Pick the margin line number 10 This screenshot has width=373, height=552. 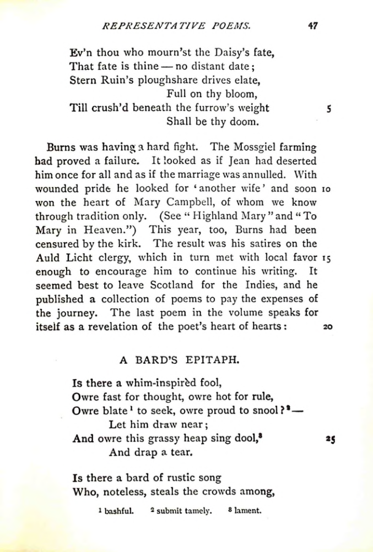pyautogui.click(x=326, y=189)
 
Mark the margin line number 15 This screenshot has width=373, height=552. pyautogui.click(x=326, y=257)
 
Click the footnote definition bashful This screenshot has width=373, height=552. pyautogui.click(x=119, y=510)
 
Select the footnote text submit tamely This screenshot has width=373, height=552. pyautogui.click(x=183, y=510)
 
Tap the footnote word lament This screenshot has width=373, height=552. pyautogui.click(x=247, y=510)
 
